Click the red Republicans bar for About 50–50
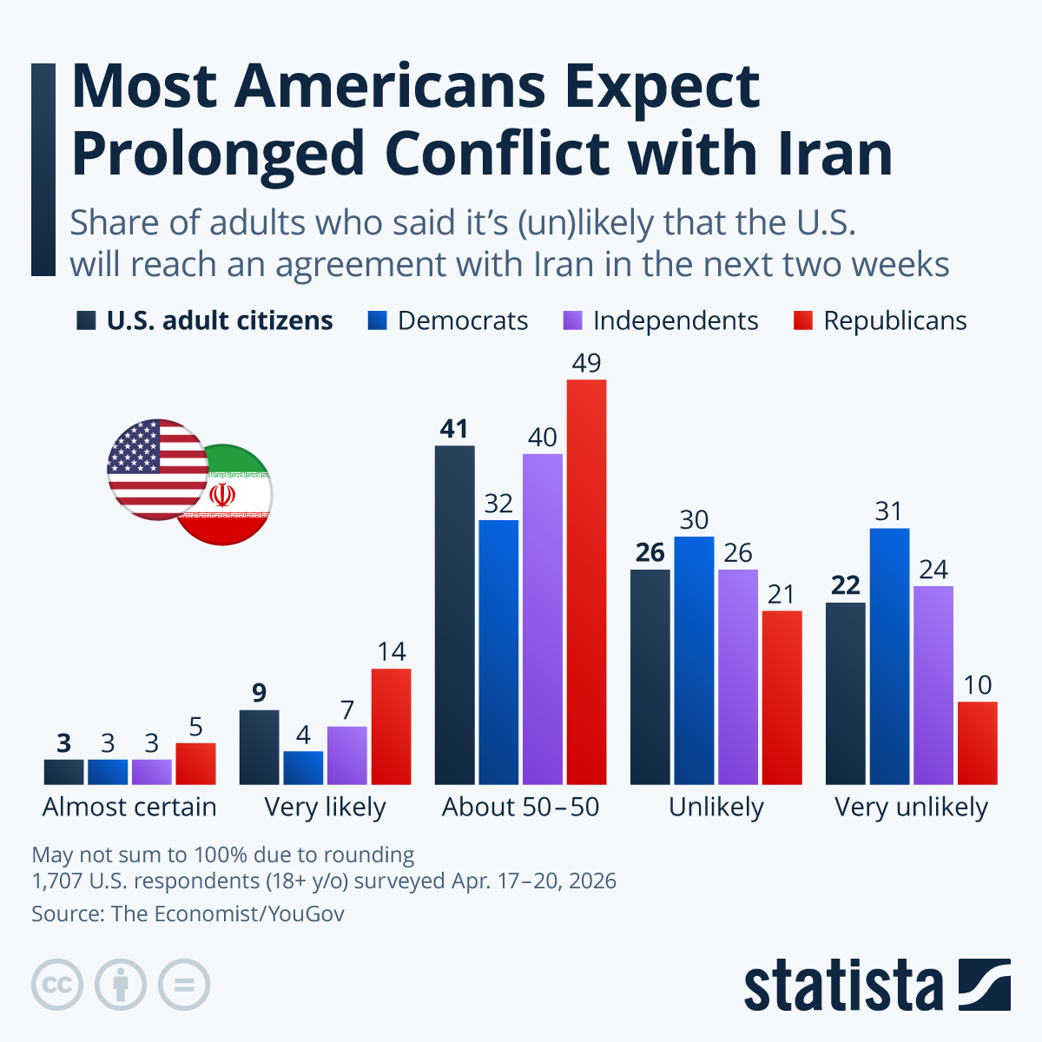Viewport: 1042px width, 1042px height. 586,582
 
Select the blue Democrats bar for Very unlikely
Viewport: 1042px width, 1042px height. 889,656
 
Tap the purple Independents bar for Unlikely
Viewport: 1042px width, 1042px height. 738,676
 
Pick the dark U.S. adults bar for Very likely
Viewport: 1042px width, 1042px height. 259,747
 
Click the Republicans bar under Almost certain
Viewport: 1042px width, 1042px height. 195,763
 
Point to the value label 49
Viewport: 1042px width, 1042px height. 586,363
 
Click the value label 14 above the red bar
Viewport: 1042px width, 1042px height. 391,652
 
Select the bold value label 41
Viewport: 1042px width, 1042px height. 454,429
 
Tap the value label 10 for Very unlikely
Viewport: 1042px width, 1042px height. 977,685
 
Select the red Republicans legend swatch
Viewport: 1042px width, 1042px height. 803,321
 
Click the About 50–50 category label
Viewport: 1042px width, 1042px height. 520,807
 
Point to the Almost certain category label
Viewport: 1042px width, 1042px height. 129,807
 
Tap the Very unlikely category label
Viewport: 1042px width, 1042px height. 911,807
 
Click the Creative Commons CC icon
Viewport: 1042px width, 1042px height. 57,985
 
